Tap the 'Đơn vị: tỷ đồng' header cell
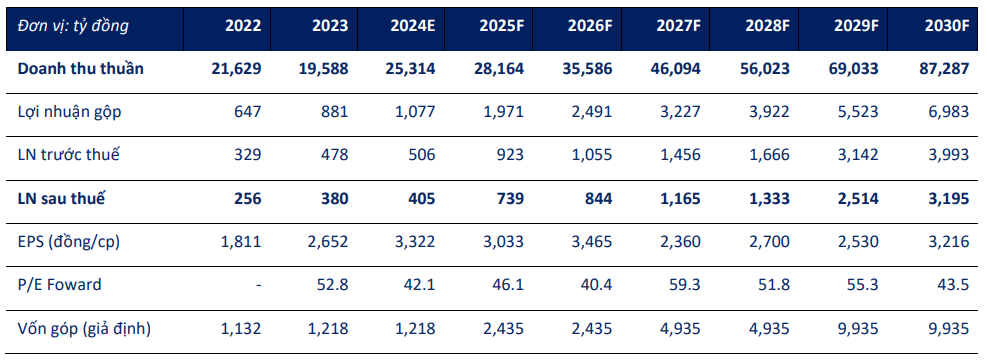click(72, 26)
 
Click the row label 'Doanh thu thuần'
click(81, 69)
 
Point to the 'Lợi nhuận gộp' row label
click(70, 112)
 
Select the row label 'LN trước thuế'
click(69, 155)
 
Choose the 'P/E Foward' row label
click(60, 285)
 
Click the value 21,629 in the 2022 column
click(236, 69)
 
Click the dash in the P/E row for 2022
click(258, 285)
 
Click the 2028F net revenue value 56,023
click(765, 69)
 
